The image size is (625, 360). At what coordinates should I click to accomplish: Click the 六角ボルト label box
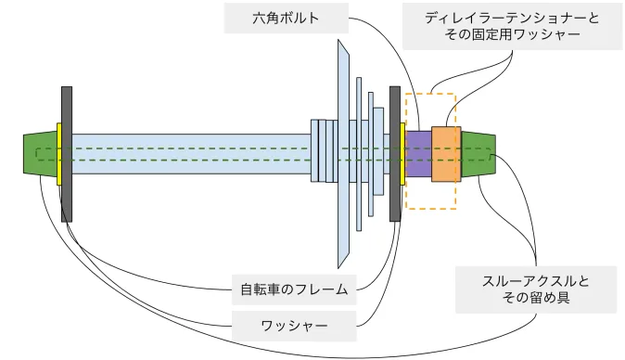click(x=287, y=19)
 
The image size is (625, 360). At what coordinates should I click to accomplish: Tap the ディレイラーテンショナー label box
click(x=512, y=26)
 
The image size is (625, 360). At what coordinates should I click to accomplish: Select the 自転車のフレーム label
click(x=294, y=289)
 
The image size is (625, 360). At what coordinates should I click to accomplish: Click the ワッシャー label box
click(x=294, y=326)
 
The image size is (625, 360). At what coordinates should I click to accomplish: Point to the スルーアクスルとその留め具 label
click(x=536, y=289)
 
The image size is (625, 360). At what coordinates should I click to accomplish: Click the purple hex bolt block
click(x=418, y=154)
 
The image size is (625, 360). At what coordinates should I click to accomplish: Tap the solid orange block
click(x=446, y=154)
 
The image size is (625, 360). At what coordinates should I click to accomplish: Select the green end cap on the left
click(x=40, y=154)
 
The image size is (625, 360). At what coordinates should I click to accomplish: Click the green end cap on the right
click(x=478, y=154)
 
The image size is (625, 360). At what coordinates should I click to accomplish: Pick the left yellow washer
click(x=59, y=154)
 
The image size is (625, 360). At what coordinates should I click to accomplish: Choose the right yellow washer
click(x=402, y=154)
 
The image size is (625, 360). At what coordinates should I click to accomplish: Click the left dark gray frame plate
click(x=67, y=154)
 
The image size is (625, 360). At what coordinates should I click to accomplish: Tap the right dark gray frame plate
click(x=395, y=154)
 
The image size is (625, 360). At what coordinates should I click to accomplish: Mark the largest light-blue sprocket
click(x=343, y=154)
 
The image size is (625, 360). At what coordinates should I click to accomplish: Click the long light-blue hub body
click(x=191, y=154)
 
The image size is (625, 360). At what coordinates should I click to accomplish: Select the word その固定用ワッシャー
click(x=512, y=34)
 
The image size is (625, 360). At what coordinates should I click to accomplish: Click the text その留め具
click(x=536, y=298)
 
